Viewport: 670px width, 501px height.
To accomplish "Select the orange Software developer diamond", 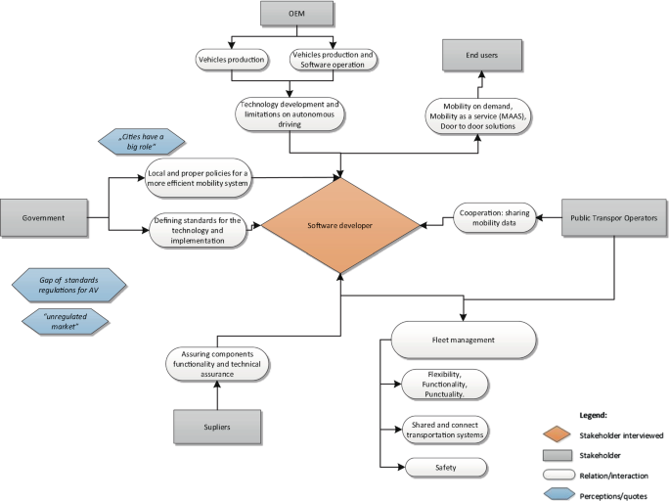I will click(340, 226).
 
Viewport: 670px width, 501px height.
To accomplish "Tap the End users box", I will click(477, 56).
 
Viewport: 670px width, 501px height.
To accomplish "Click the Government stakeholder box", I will click(44, 215).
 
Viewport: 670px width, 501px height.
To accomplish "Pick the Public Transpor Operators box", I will click(614, 216).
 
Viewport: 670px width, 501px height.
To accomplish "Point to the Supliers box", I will click(217, 426).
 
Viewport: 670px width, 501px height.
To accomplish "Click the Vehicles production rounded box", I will click(231, 59).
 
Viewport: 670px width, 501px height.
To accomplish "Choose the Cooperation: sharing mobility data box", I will click(495, 217).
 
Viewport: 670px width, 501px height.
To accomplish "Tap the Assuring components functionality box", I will click(216, 363).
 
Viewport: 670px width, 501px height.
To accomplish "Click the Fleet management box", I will click(464, 341).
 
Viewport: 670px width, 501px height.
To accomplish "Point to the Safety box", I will click(444, 469).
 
